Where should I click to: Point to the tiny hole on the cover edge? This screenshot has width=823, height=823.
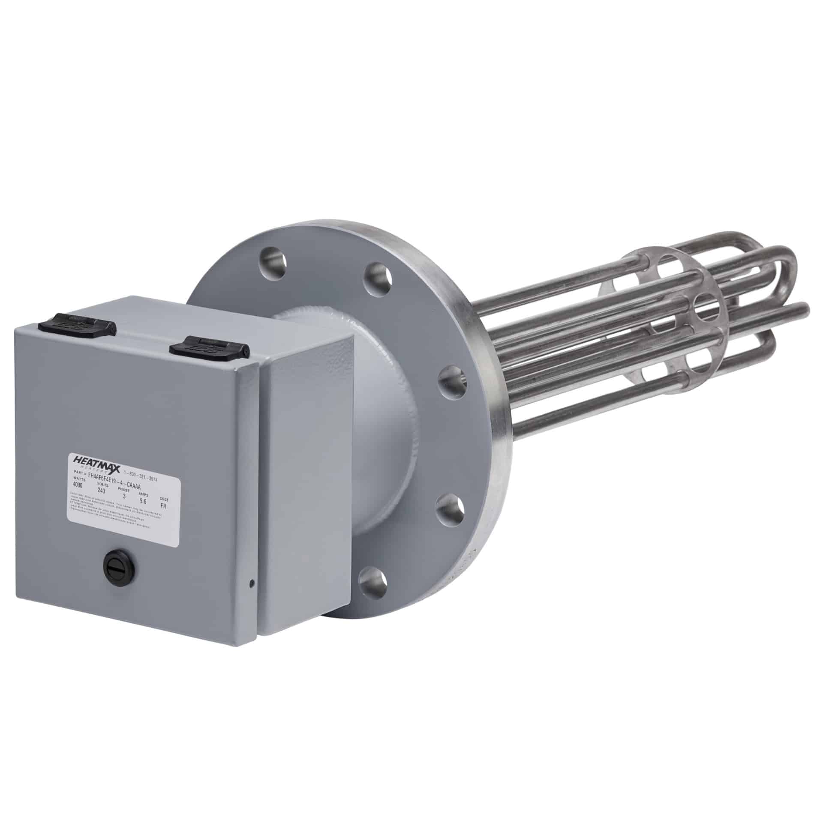pyautogui.click(x=252, y=582)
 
